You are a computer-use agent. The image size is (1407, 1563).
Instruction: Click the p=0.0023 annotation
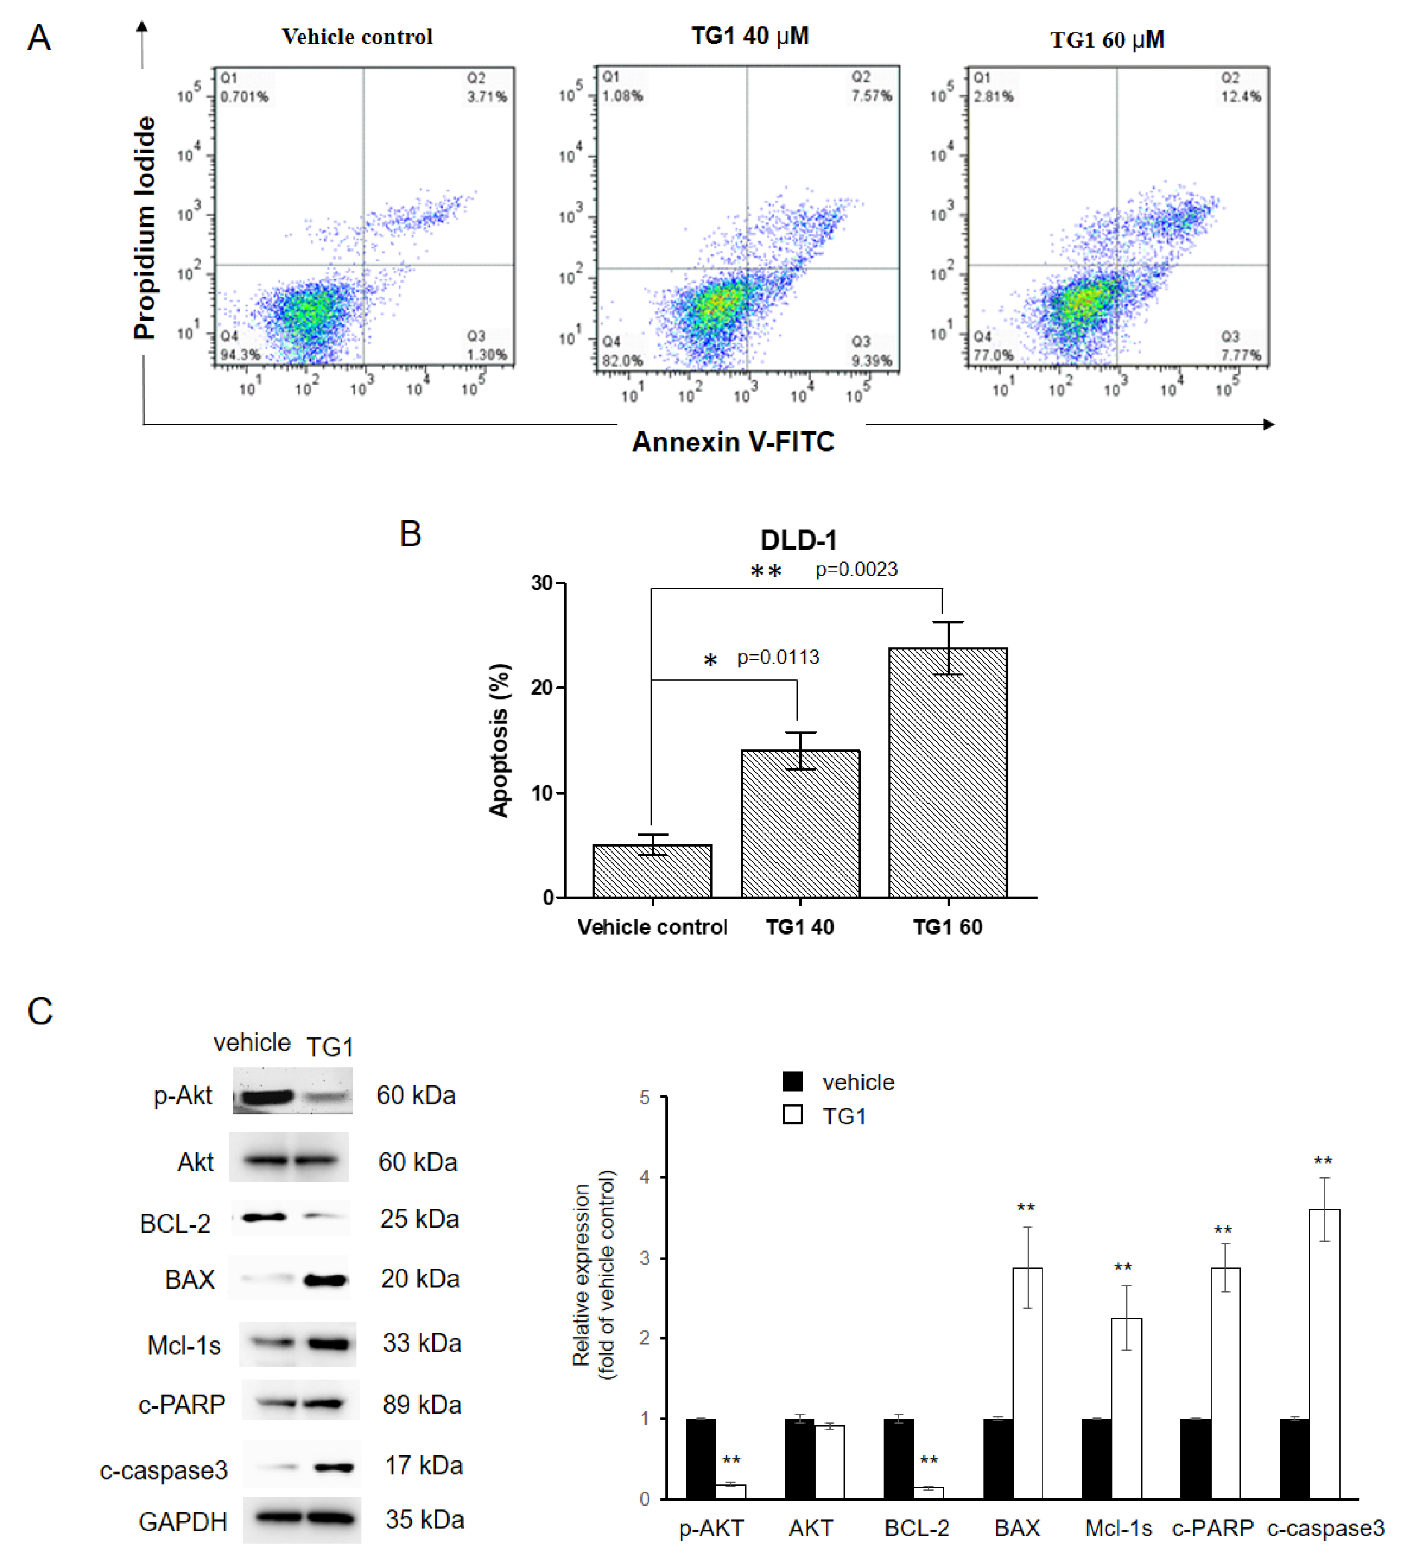856,570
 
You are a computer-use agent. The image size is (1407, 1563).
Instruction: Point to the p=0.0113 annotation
778,657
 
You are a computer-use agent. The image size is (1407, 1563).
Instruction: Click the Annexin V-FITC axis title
733,441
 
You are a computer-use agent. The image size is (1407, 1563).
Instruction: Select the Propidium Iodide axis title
145,228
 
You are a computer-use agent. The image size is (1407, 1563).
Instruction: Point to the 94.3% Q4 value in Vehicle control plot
240,355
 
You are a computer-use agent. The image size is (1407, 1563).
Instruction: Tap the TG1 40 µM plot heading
749,36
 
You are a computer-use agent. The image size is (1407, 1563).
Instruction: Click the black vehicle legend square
792,1081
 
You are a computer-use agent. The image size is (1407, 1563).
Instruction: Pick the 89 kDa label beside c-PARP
422,1405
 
